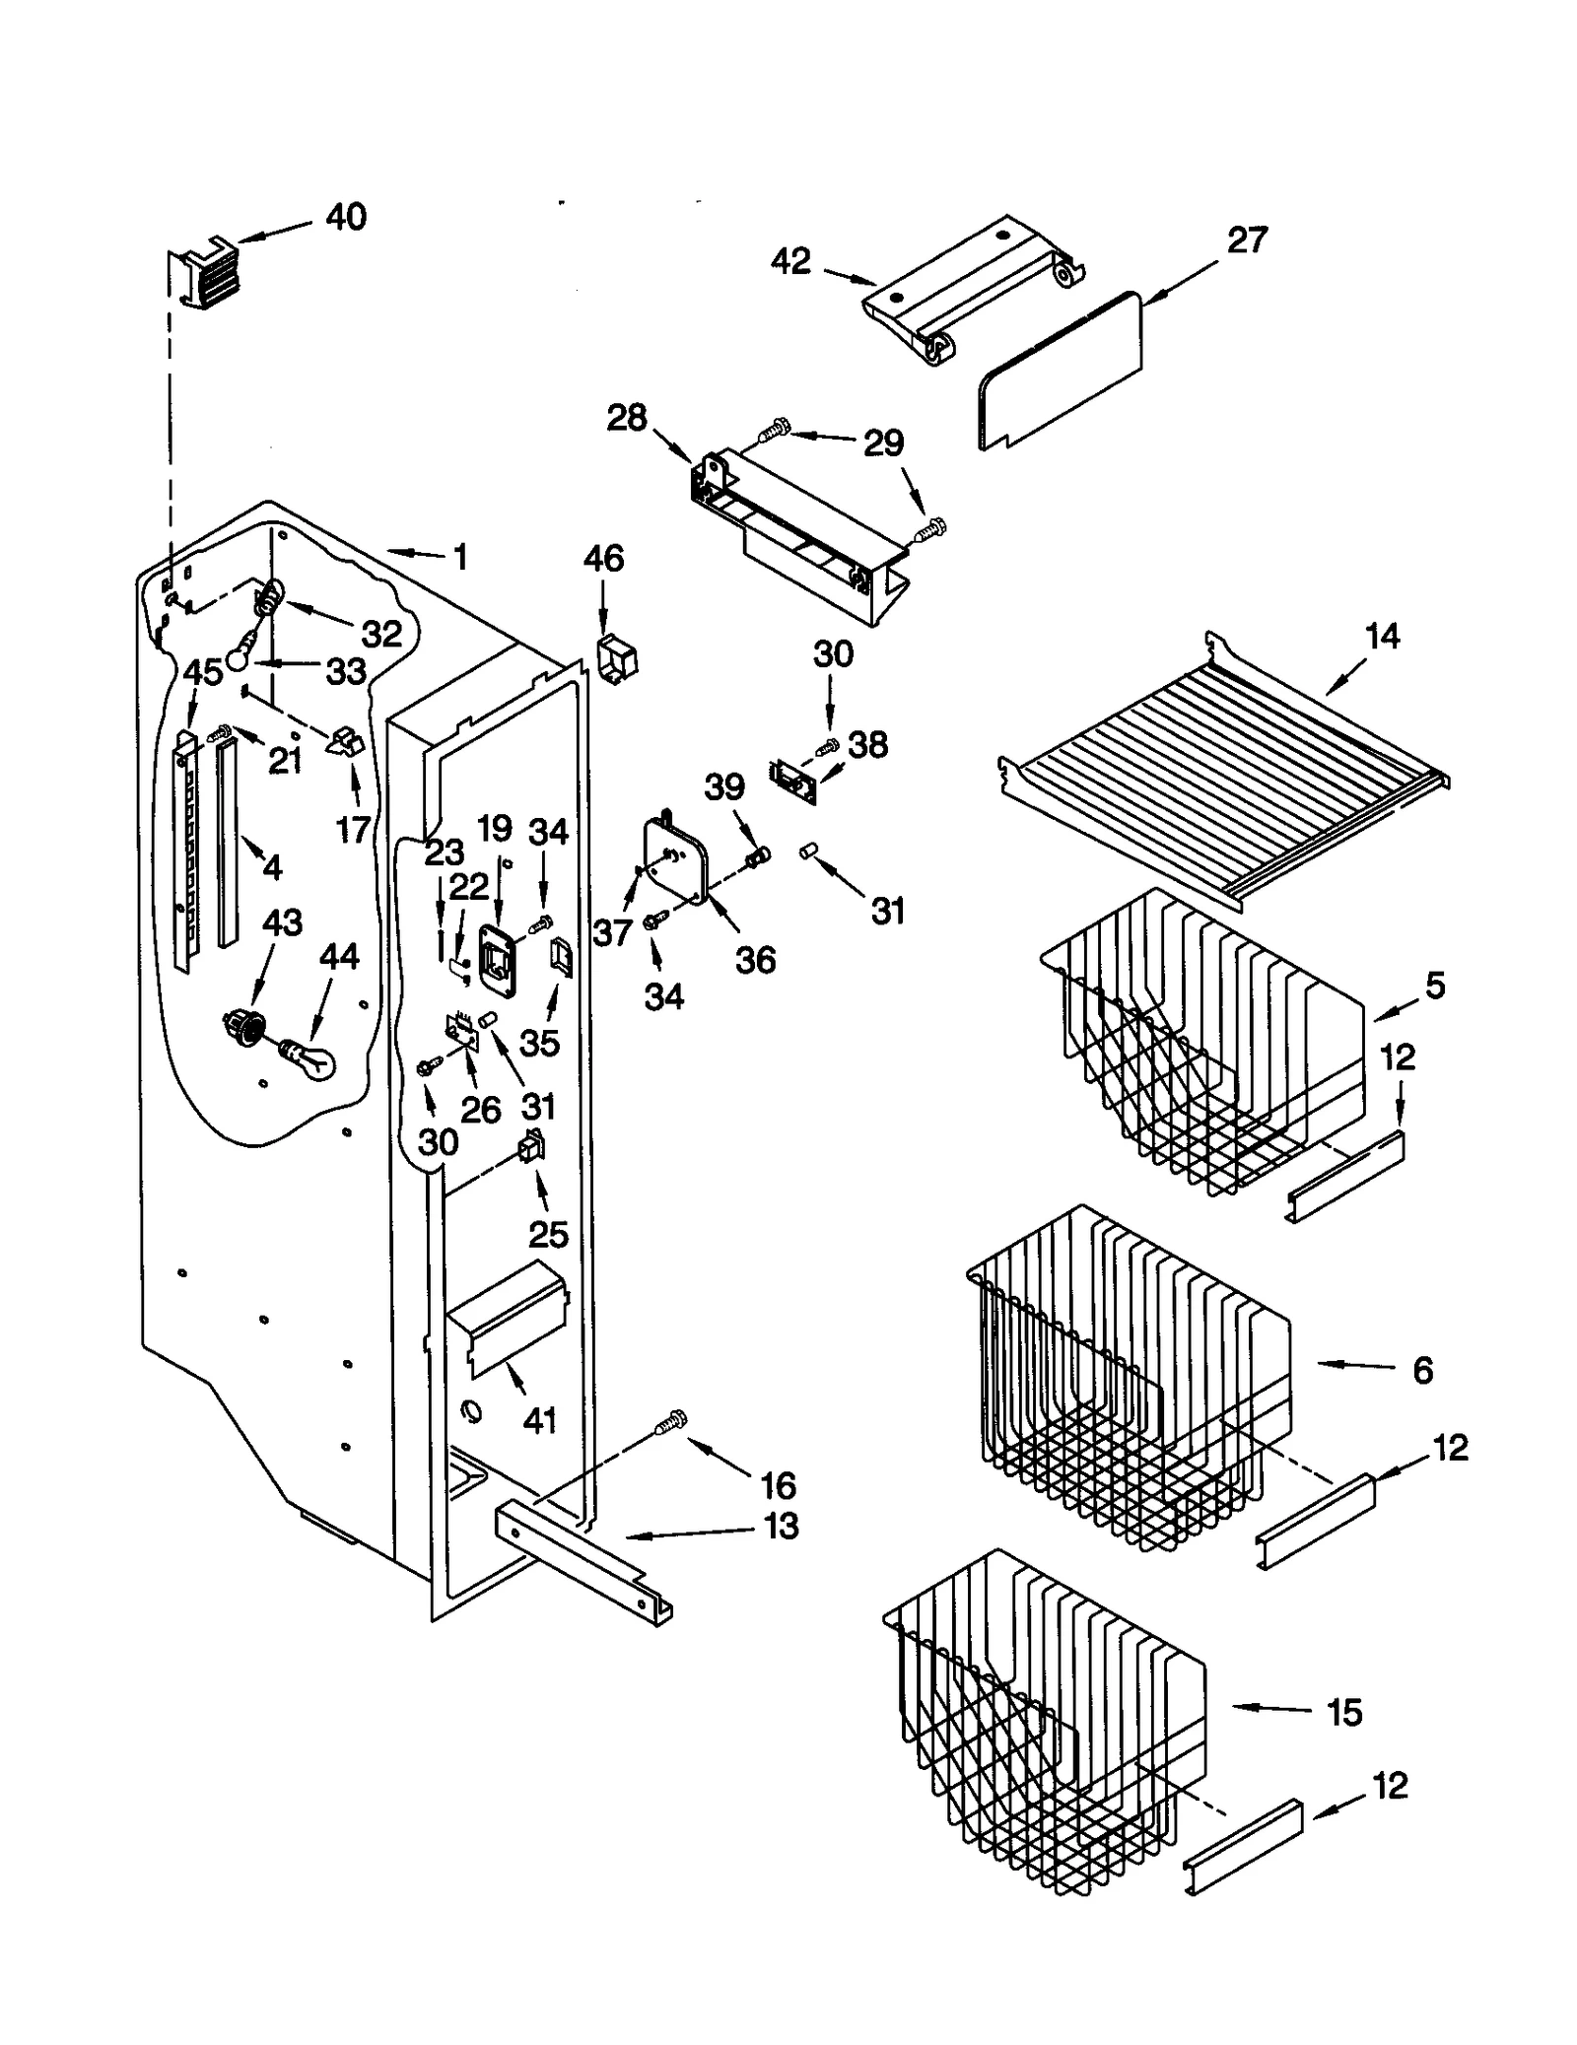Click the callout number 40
tap(346, 217)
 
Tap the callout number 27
tap(1246, 240)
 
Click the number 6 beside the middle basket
tap(1422, 1370)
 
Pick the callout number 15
tap(1345, 1713)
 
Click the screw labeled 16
tap(671, 1424)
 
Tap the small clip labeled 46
tap(617, 656)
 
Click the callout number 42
tap(790, 261)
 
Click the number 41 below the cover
tap(539, 1420)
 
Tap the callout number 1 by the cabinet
tap(459, 558)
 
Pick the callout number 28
tap(627, 418)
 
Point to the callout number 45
tap(203, 672)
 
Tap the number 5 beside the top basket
tap(1435, 985)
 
